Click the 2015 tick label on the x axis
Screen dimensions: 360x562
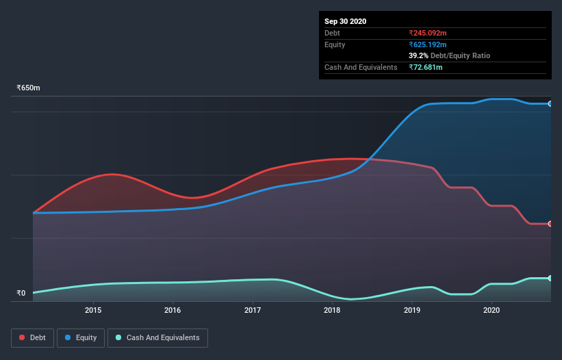coord(93,311)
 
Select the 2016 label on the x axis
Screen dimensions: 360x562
coord(173,311)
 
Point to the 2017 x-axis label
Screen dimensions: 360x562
coord(253,311)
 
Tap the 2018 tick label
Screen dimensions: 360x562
coord(332,311)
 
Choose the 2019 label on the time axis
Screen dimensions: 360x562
coord(412,311)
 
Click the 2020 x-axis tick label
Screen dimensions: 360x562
coord(491,311)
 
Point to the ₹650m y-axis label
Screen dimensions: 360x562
coord(29,88)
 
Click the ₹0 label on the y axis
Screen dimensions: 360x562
coord(21,294)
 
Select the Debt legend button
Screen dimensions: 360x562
coord(32,337)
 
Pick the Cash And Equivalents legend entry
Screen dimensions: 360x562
coord(157,337)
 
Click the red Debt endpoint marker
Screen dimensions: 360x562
coord(550,224)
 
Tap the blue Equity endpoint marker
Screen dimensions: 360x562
coord(550,104)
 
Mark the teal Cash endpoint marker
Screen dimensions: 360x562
coord(550,279)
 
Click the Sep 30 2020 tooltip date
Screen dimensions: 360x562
coord(345,21)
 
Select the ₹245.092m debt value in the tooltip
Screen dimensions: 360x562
coord(428,33)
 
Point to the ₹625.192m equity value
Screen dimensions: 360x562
coord(428,44)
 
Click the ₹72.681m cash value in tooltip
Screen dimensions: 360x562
coord(426,67)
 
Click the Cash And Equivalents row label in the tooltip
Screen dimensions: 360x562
coord(361,67)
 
